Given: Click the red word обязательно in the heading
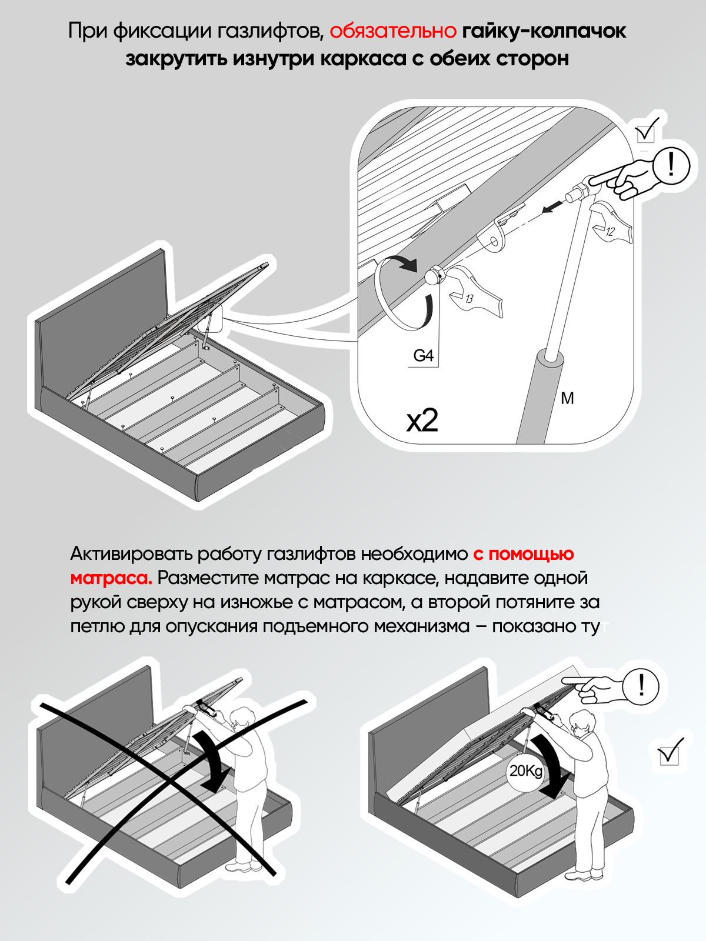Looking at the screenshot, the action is click(392, 31).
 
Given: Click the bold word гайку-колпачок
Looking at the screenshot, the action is click(544, 31).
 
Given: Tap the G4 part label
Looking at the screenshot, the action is click(423, 355).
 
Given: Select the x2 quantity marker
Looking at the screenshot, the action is click(422, 420).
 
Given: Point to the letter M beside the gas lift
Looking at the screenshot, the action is click(567, 398).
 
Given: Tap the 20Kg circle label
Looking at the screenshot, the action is click(526, 771).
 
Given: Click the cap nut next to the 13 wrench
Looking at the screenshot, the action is click(435, 275).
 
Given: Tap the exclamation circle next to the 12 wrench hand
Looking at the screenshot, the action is click(671, 165).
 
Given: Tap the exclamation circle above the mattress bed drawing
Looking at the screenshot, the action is click(641, 686).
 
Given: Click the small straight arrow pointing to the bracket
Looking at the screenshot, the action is click(553, 206).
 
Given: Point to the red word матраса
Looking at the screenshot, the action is click(111, 578).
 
